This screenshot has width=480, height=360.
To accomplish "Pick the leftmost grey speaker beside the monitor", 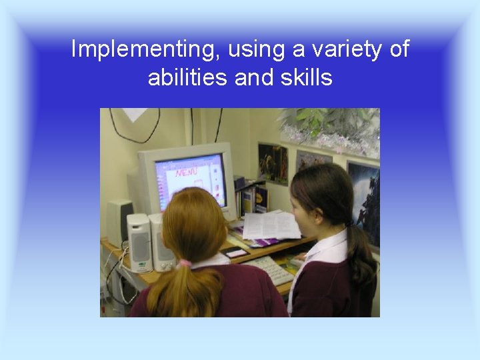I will click(x=118, y=220).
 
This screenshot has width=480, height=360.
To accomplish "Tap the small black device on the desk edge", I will click(x=236, y=253).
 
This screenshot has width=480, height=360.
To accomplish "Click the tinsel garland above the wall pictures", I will click(x=330, y=130).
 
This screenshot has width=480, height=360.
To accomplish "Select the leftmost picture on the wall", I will click(x=273, y=164).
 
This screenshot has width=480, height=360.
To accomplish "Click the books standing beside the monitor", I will click(x=252, y=197).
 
